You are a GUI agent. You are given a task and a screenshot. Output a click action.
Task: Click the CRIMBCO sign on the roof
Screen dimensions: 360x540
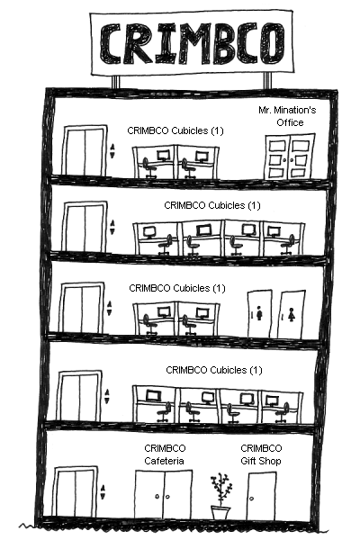(x=192, y=43)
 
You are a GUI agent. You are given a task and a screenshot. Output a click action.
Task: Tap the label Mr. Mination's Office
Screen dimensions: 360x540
(x=287, y=116)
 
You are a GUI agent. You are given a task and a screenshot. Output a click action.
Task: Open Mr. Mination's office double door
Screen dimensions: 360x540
(x=290, y=157)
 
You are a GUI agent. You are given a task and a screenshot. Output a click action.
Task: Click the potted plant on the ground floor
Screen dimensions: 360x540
(x=220, y=496)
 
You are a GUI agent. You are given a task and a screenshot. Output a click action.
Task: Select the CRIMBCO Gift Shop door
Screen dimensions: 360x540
(x=261, y=496)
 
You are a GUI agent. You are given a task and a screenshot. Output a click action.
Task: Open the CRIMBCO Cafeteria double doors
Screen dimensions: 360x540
(x=163, y=494)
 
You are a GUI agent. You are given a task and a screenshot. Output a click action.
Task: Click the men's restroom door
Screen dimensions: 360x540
(x=259, y=314)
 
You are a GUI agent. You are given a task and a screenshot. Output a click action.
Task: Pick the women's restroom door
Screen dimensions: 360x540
(x=292, y=314)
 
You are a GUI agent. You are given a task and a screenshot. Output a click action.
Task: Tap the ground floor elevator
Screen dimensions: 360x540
(x=76, y=491)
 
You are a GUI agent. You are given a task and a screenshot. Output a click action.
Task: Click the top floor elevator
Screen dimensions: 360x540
(x=84, y=150)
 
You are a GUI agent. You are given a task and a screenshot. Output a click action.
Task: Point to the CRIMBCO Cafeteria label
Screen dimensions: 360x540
(x=165, y=454)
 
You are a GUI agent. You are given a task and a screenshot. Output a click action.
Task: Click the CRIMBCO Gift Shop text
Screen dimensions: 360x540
(x=261, y=454)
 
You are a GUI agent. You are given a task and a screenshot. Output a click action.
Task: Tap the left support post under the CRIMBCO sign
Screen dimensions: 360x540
(x=115, y=82)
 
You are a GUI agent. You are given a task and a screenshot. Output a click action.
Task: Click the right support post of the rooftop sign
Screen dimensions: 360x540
(x=267, y=81)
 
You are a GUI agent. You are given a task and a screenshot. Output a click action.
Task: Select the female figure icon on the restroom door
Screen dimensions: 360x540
(x=292, y=314)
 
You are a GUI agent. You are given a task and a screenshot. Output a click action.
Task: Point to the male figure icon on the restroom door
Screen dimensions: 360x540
(x=259, y=314)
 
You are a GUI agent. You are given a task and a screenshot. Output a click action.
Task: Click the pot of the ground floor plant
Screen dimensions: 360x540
(x=220, y=513)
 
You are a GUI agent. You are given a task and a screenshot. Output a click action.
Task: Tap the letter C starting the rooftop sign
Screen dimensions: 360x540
(x=110, y=43)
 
